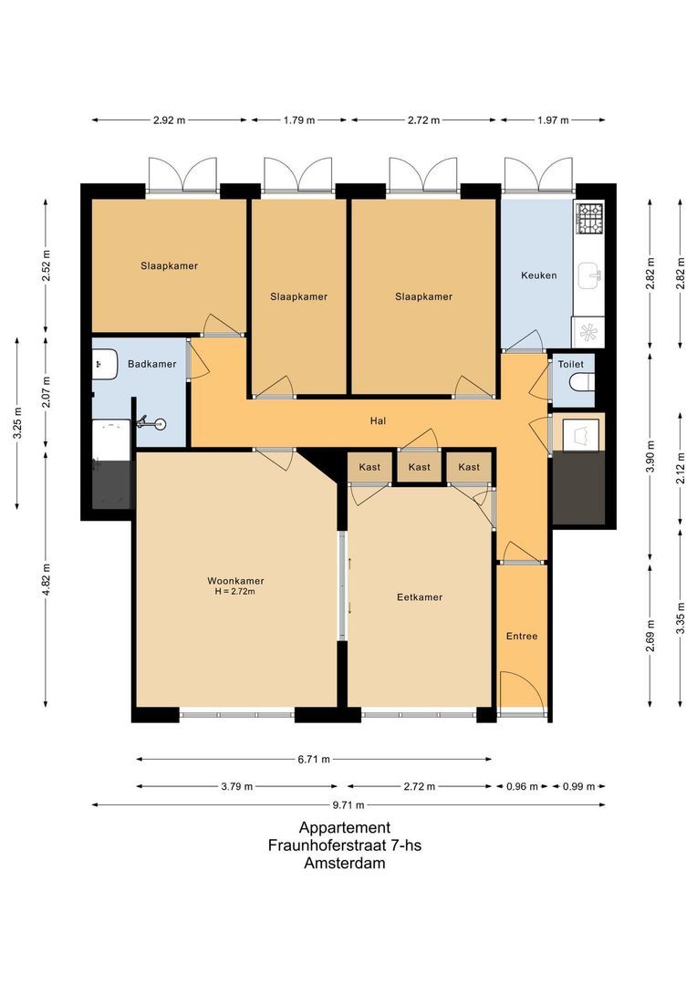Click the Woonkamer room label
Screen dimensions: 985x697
point(235,580)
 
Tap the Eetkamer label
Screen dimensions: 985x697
point(420,597)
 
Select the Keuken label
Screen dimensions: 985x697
point(538,275)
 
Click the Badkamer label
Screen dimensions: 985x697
point(152,364)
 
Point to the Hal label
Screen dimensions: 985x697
point(378,421)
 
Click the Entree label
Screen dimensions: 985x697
point(522,636)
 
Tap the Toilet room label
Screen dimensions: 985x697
point(571,364)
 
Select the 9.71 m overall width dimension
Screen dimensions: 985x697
point(348,805)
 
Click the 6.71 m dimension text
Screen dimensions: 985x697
point(313,759)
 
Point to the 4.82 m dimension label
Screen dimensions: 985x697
point(47,579)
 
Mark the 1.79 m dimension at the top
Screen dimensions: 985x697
point(298,120)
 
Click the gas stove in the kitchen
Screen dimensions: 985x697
point(588,217)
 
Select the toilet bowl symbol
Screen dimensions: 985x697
point(580,389)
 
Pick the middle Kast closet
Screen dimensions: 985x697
point(420,467)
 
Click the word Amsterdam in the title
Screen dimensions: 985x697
point(344,864)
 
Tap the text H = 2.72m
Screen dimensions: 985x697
point(235,592)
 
